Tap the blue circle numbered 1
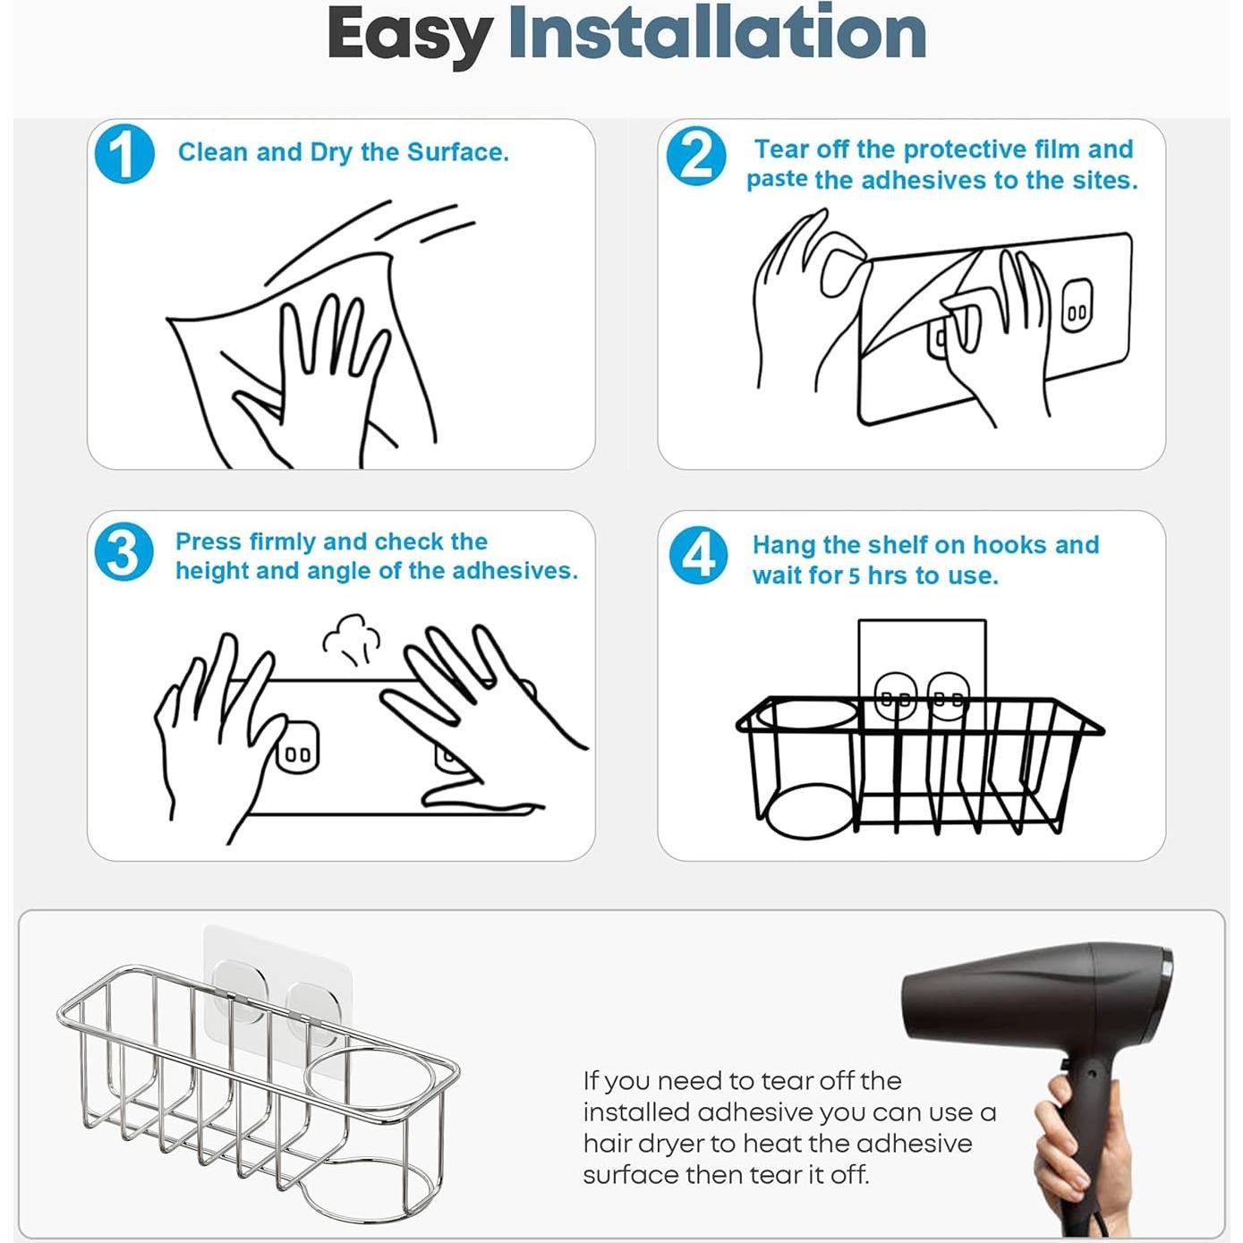tap(123, 154)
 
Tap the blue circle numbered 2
tap(695, 156)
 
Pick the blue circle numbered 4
tap(698, 556)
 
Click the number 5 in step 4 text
tap(854, 575)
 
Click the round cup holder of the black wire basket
tap(808, 716)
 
